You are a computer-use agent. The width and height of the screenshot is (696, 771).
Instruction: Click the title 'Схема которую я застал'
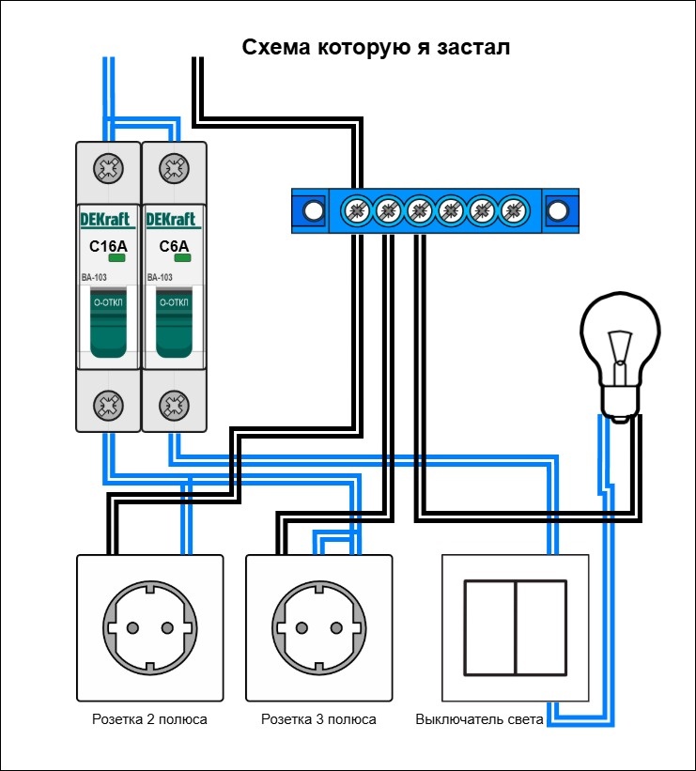(376, 48)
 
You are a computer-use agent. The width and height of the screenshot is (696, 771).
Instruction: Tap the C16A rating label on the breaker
(107, 247)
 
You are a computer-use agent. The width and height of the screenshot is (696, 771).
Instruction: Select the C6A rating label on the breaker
(174, 247)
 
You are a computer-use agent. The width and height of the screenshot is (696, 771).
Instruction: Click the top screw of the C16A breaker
(108, 169)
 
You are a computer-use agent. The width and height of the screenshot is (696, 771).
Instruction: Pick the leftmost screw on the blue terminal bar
(357, 209)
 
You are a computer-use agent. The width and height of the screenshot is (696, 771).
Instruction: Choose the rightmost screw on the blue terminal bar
(512, 209)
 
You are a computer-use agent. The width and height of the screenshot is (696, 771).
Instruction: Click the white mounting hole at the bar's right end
(558, 209)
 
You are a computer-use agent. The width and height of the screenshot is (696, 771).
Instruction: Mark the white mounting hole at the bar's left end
(311, 209)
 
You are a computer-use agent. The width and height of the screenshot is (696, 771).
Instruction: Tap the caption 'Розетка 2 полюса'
(149, 720)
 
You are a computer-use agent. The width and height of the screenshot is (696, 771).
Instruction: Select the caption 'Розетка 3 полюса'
(318, 720)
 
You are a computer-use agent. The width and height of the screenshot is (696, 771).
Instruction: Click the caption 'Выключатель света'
(479, 720)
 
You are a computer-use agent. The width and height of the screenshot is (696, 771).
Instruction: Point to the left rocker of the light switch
(489, 627)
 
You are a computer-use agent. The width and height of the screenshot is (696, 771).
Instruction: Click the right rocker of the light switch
(542, 627)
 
